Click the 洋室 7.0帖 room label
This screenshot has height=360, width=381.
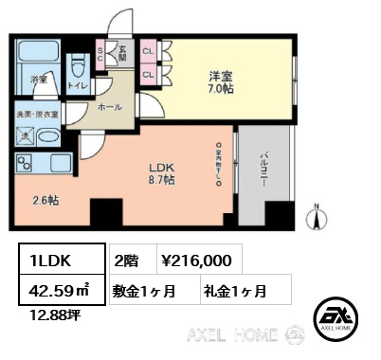pos(221,81)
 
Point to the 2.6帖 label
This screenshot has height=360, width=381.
pos(45,200)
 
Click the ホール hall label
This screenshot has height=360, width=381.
pos(111,108)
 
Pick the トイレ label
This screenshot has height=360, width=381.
pos(80,84)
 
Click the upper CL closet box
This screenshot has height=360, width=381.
pos(148,52)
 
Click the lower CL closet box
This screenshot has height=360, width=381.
pos(148,73)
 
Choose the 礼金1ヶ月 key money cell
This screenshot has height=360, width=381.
pos(233,290)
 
